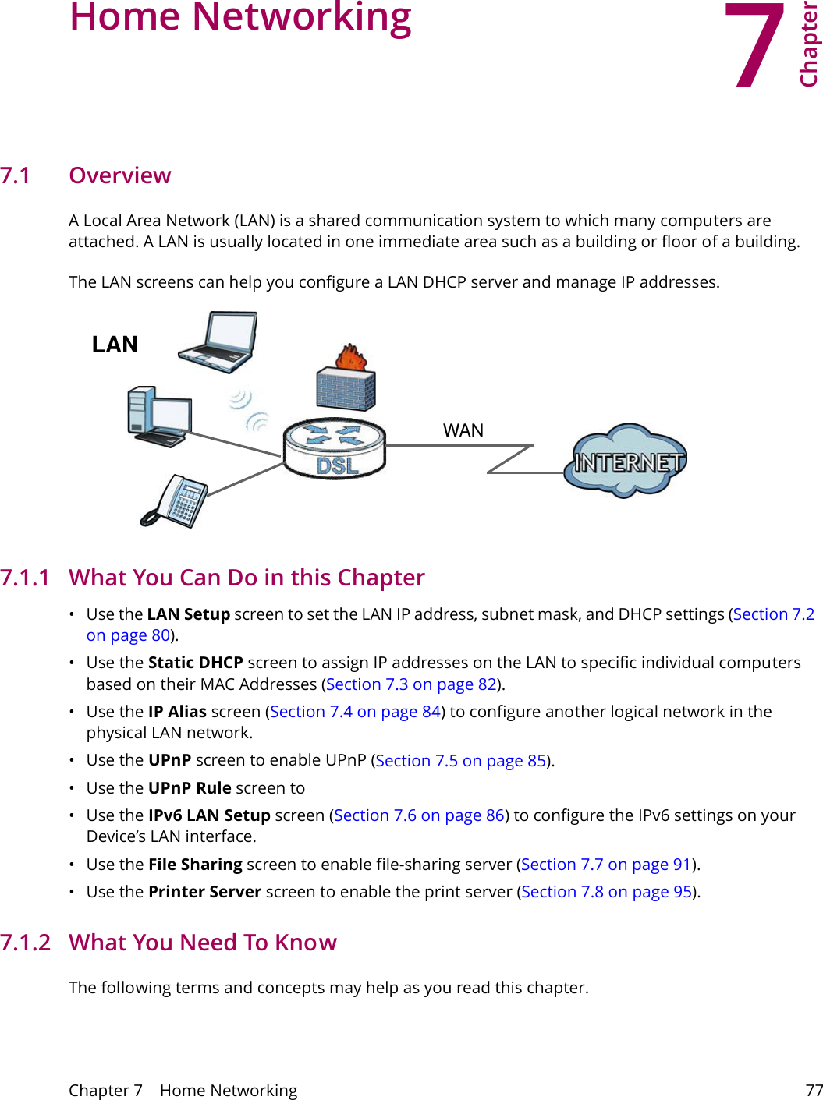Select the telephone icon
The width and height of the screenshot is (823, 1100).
tap(176, 501)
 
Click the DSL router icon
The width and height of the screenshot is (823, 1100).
tap(335, 448)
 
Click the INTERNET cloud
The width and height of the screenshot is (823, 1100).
tap(626, 462)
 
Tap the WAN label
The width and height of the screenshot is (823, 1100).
tap(463, 430)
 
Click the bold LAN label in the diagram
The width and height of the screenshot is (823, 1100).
tap(115, 345)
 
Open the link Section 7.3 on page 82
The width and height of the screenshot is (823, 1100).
tap(412, 684)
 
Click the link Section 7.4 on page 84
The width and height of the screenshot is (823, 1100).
tap(356, 712)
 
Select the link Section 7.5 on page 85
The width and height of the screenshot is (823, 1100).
tap(460, 761)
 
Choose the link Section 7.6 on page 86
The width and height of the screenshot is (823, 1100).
tap(420, 815)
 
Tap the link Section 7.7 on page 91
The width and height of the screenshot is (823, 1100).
tap(606, 865)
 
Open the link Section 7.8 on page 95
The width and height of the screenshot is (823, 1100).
tap(607, 892)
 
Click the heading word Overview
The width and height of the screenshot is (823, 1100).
tap(120, 175)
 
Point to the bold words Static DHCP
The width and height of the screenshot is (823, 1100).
tap(196, 663)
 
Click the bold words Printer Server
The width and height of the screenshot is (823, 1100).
tap(204, 892)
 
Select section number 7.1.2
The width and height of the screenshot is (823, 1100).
tap(25, 943)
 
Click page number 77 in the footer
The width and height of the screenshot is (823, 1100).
tap(814, 1090)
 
